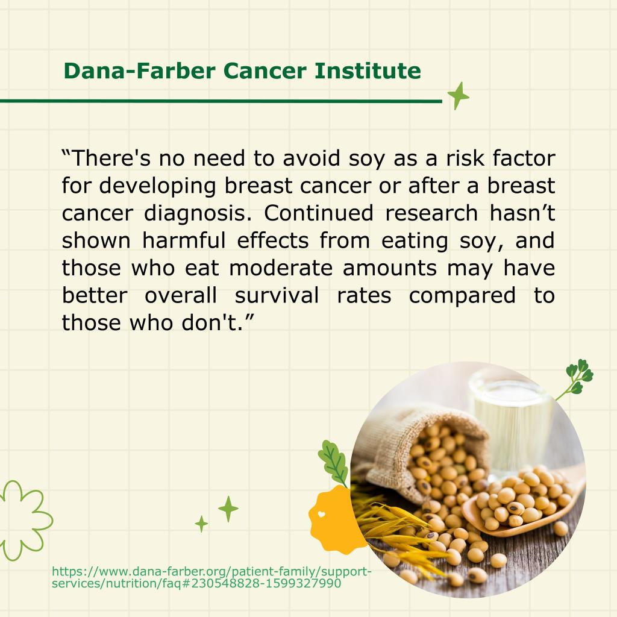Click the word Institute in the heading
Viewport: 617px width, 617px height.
click(x=368, y=71)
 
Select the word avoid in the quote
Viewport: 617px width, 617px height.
click(x=312, y=158)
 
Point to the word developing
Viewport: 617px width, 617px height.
click(x=157, y=186)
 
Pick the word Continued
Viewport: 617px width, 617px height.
click(x=318, y=213)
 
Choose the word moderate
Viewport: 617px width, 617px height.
click(x=281, y=268)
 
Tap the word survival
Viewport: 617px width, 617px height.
click(x=277, y=295)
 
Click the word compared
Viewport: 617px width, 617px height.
click(x=462, y=296)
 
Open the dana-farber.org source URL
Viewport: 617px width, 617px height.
click(x=211, y=577)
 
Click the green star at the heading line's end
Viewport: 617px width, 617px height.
click(x=458, y=96)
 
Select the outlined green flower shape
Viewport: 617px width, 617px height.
click(x=23, y=520)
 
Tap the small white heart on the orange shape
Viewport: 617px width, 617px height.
click(x=322, y=514)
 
